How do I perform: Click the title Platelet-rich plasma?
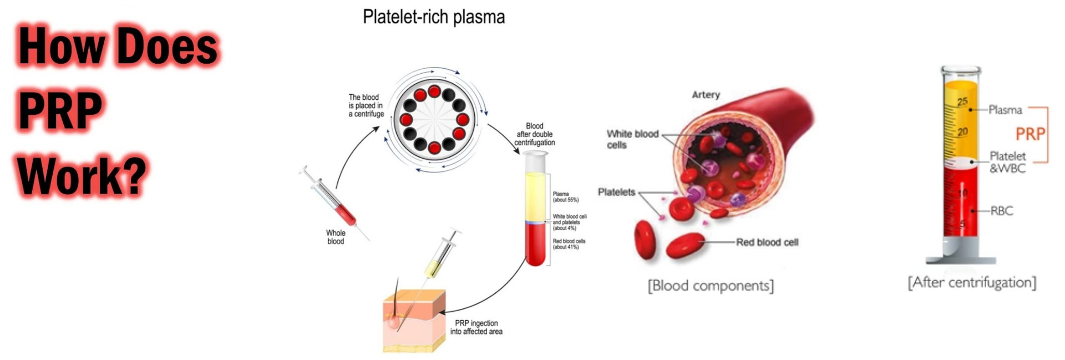click(433, 17)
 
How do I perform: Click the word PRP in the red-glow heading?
click(60, 110)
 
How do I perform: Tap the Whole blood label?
click(336, 237)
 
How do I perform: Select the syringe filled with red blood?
click(336, 202)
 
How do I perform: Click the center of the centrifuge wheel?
click(434, 119)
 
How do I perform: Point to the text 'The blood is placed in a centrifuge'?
click(366, 105)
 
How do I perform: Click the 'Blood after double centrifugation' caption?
click(534, 134)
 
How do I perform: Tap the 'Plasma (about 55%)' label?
click(565, 197)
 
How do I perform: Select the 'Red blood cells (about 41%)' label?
click(569, 244)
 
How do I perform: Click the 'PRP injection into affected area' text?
click(476, 327)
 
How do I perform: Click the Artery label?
click(706, 95)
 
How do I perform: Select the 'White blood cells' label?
click(632, 139)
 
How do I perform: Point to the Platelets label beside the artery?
click(616, 192)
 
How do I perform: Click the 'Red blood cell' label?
click(767, 242)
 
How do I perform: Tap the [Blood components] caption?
click(711, 286)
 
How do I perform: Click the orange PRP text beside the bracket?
click(1030, 134)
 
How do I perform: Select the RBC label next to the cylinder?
click(1001, 211)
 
